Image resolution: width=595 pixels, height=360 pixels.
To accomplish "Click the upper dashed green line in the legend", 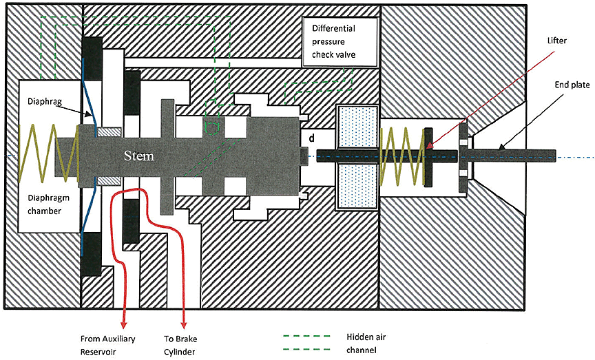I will [x=299, y=337].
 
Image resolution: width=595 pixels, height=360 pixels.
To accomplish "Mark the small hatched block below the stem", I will [x=109, y=180].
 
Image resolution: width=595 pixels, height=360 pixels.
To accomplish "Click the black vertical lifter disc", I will [x=428, y=157].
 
